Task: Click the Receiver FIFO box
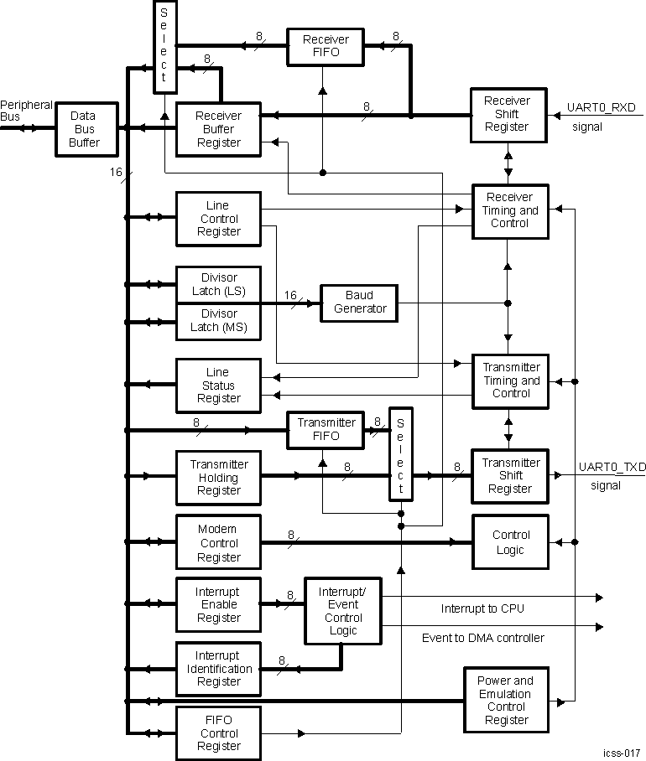click(325, 47)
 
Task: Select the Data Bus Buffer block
click(84, 129)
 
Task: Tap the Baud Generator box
click(360, 302)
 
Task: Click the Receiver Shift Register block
click(507, 114)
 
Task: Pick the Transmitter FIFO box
click(326, 429)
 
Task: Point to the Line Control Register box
click(218, 218)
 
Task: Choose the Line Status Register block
click(218, 386)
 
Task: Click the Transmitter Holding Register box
click(218, 477)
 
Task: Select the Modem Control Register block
click(218, 543)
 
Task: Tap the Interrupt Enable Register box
click(218, 604)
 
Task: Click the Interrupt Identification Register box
click(218, 669)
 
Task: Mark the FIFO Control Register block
click(218, 733)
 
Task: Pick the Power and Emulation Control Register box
click(506, 700)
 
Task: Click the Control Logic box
click(510, 542)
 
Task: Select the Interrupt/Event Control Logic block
click(342, 611)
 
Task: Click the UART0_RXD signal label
click(601, 107)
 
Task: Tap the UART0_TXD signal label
click(612, 466)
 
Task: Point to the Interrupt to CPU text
click(482, 608)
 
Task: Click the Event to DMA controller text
click(483, 638)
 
